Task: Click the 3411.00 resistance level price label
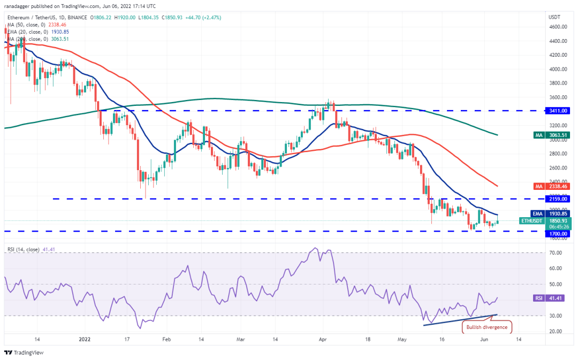click(x=559, y=111)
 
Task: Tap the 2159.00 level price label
click(x=559, y=198)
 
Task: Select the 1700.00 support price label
click(x=559, y=234)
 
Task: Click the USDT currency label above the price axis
click(x=554, y=17)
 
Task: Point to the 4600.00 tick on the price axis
click(x=559, y=27)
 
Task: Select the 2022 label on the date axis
click(x=85, y=339)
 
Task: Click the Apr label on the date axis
click(x=322, y=339)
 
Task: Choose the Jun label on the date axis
click(x=483, y=339)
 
